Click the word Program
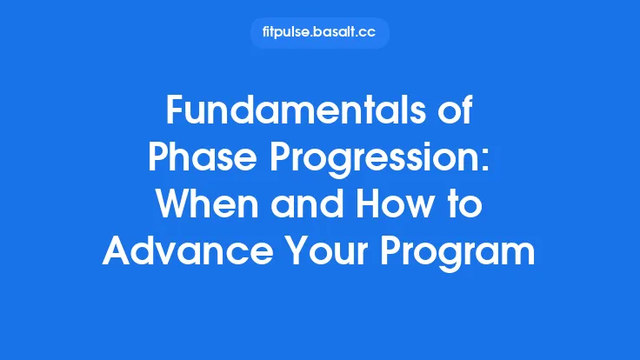click(463, 253)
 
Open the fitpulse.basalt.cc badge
click(319, 33)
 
